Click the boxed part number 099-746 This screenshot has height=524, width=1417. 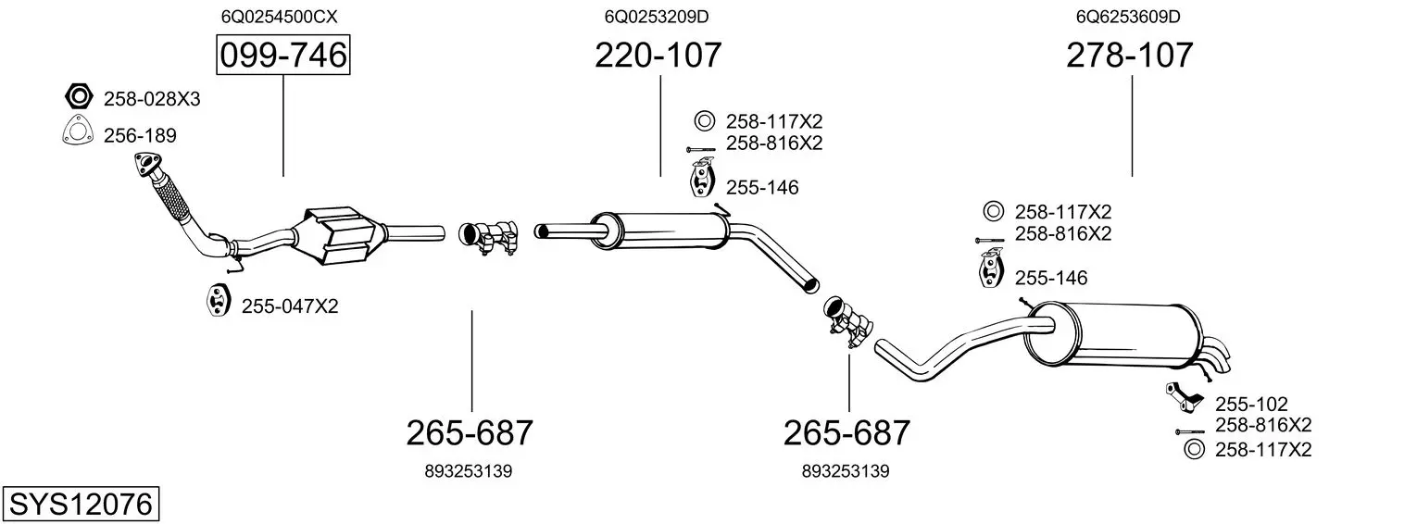pos(282,55)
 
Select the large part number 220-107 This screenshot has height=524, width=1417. pos(658,55)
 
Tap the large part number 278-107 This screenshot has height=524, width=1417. pos(1129,55)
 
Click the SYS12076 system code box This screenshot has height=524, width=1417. pos(81,504)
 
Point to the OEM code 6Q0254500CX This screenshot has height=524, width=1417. pos(279,17)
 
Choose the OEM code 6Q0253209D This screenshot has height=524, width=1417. pos(656,17)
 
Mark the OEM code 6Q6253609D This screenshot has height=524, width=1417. pos(1128,17)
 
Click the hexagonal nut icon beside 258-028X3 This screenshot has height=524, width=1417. pos(79,96)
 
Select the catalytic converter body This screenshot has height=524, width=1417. pos(337,235)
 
